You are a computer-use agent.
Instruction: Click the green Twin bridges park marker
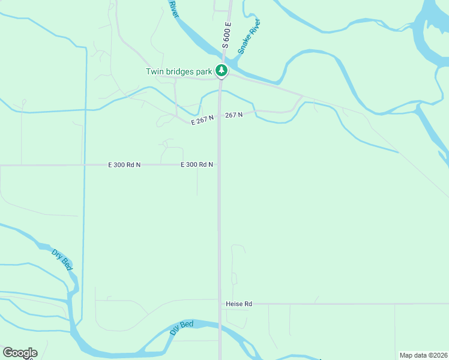tap(221, 71)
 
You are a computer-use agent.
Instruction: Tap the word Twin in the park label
tap(155, 71)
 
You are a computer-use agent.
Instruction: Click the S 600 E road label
tap(226, 35)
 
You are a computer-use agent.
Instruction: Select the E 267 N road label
tap(202, 120)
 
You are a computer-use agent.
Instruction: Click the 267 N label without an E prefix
tap(234, 115)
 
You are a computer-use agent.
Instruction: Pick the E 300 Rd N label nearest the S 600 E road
tap(197, 164)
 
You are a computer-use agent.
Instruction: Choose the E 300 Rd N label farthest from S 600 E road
tap(124, 164)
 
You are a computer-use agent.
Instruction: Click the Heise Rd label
tap(239, 304)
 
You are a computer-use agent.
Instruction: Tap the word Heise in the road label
tap(235, 304)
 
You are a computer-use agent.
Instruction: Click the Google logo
tap(20, 353)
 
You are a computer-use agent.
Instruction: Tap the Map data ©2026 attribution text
tap(423, 355)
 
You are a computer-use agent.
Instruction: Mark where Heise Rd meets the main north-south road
tap(220, 304)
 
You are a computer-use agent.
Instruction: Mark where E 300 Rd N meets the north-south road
tap(219, 164)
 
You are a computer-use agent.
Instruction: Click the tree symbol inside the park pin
tap(221, 70)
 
